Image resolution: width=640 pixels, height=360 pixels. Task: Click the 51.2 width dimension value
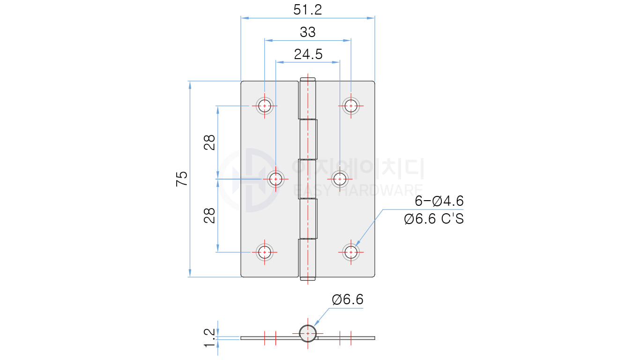click(307, 10)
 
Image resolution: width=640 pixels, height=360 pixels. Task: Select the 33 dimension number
click(308, 32)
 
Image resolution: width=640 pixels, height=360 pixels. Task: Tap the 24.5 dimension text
click(308, 54)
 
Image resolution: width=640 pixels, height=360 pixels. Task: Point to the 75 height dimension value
click(182, 179)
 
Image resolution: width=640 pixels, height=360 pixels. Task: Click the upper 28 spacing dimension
click(209, 142)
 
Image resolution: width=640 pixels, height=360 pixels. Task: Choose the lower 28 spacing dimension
click(209, 215)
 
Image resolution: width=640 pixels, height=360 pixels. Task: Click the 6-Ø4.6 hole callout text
click(439, 201)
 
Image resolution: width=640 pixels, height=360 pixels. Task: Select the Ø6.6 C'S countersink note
click(434, 219)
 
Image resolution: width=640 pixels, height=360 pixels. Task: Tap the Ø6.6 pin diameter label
click(348, 300)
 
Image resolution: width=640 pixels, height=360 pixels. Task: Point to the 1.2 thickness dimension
click(209, 337)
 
